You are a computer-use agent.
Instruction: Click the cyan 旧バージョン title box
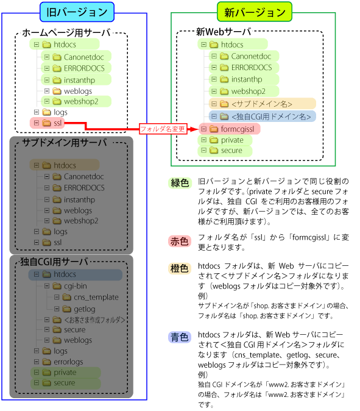coord(77,12)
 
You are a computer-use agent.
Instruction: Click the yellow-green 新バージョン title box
coord(255,12)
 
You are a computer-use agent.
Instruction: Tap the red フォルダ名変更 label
coord(163,129)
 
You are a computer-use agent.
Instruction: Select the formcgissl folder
coord(230,129)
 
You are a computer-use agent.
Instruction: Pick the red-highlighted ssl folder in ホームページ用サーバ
coord(47,123)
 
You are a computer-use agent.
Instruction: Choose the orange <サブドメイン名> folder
coord(262,104)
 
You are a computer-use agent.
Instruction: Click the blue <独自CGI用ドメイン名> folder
coord(262,116)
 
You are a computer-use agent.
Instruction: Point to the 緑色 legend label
coord(180,183)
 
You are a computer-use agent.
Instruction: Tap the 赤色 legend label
coord(180,241)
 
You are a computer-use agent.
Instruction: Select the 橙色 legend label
coord(180,268)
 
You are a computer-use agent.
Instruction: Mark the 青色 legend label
coord(180,337)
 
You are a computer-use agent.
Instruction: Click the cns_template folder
coord(86,297)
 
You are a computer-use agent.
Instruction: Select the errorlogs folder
coord(59,362)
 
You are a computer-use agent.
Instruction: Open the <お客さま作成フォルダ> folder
coord(85,320)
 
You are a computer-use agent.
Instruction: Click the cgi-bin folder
coord(66,286)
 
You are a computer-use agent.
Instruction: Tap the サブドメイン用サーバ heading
coord(65,143)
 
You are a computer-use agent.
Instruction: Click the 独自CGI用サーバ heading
coord(54,262)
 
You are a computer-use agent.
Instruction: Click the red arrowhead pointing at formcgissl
coord(195,129)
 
